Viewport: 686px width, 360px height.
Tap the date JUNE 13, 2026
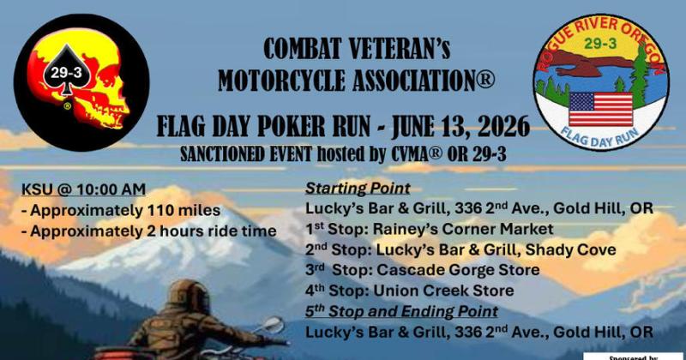coord(451,128)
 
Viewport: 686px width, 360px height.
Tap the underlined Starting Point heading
coord(347,189)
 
